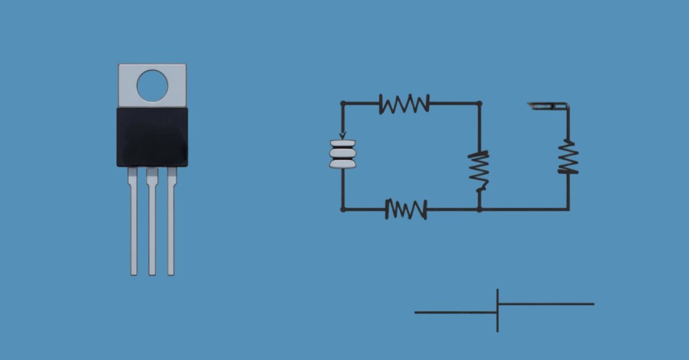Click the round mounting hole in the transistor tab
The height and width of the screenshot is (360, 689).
pos(152,86)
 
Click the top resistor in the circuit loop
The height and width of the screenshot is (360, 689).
pos(404,104)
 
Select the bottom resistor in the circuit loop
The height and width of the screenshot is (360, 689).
pos(406,209)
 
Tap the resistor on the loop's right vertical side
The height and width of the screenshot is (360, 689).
pos(479,171)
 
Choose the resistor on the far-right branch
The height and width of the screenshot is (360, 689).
pos(568,157)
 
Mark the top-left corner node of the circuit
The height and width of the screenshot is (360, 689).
pos(343,104)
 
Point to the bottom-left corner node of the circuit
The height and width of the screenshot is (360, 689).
pos(343,209)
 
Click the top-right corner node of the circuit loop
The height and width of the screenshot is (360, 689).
pos(479,104)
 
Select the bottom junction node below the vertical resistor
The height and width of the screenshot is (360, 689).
pos(479,209)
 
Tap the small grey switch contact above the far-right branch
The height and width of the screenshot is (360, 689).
pos(545,105)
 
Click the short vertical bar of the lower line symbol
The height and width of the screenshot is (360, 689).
pos(497,311)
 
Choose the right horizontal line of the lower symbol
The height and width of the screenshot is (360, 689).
pos(546,304)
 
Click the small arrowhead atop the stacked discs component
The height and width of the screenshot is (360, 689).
pos(343,136)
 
